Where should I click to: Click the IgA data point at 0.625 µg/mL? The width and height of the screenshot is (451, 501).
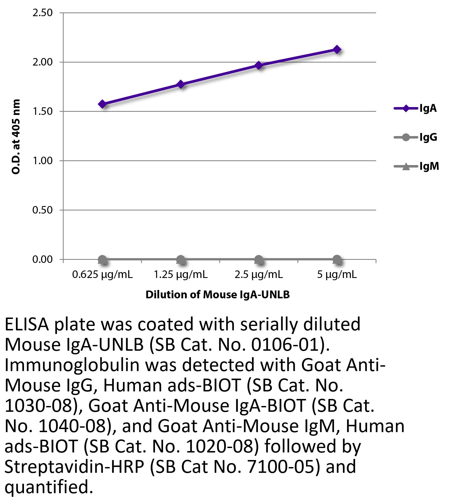tap(102, 104)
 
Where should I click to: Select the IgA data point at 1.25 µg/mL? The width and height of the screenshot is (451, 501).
tap(181, 84)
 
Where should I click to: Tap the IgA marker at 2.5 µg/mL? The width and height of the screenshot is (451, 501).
tap(259, 66)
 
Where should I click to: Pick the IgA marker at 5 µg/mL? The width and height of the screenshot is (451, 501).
tap(337, 50)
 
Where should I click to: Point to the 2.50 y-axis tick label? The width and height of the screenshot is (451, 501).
tap(42, 13)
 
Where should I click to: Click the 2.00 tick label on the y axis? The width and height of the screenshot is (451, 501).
tap(42, 62)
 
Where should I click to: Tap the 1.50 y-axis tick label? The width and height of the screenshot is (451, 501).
tap(42, 112)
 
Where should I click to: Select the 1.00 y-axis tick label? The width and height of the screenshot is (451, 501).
tap(42, 161)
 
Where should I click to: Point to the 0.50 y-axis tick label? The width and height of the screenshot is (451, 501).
tap(42, 210)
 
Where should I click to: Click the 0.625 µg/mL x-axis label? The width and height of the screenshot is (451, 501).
tap(102, 275)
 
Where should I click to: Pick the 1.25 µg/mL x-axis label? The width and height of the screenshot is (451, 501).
tap(181, 275)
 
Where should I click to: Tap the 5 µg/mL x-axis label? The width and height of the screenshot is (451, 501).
tap(337, 275)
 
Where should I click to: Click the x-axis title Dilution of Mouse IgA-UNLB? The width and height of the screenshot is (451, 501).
tap(218, 295)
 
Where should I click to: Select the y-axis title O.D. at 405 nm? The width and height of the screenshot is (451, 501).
tap(16, 137)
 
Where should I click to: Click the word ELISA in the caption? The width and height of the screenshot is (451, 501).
tap(27, 325)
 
